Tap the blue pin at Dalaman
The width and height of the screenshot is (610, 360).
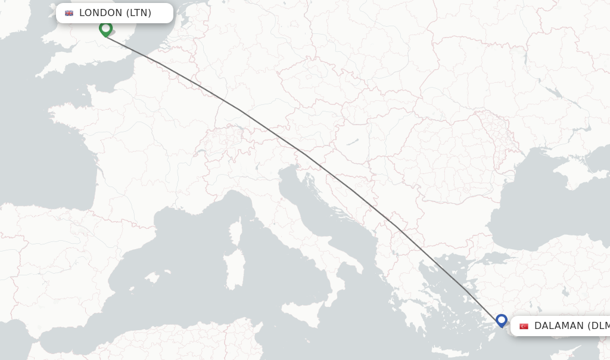tap(501, 321)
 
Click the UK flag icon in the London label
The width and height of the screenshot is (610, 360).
tap(69, 13)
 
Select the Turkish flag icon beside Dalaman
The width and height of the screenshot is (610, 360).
tap(524, 326)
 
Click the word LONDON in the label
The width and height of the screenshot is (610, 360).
tap(101, 13)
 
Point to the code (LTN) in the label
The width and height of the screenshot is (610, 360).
tap(139, 13)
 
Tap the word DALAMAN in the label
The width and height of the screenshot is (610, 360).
tap(559, 326)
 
